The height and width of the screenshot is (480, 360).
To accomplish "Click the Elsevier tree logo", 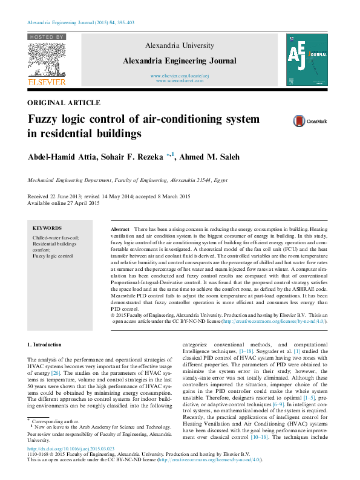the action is point(47,58).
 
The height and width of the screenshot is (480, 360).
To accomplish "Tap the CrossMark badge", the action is point(310,121).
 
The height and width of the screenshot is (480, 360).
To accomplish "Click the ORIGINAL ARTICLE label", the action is point(65,103).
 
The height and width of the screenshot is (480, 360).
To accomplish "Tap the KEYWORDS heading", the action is point(47,229).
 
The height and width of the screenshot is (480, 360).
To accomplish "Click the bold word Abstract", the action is point(120,231).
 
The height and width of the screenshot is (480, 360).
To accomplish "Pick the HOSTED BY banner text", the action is point(47,37).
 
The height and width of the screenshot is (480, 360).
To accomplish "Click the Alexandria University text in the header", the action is point(180,45).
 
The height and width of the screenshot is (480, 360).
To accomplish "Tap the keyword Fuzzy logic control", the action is point(52,256).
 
